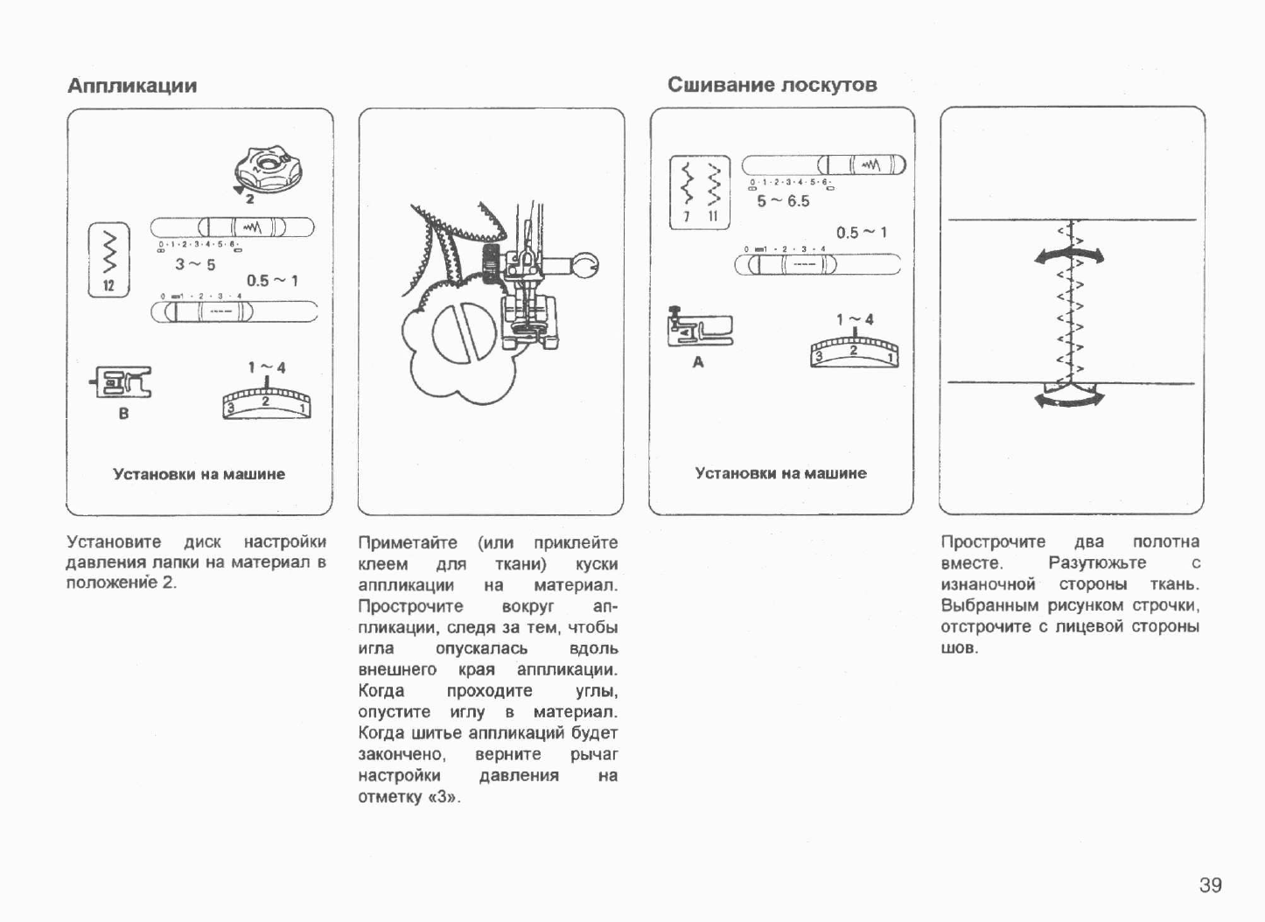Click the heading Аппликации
pyautogui.click(x=132, y=86)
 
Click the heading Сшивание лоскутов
pyautogui.click(x=772, y=85)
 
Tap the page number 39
pyautogui.click(x=1210, y=885)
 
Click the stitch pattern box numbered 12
pyautogui.click(x=109, y=260)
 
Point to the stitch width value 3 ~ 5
pyautogui.click(x=195, y=264)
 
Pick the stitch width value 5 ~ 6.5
pyautogui.click(x=783, y=201)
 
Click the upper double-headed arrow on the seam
pyautogui.click(x=1068, y=256)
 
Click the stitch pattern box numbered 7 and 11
pyautogui.click(x=699, y=192)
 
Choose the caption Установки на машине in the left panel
pyautogui.click(x=199, y=474)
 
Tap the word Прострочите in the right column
pyautogui.click(x=993, y=541)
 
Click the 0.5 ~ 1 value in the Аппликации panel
pyautogui.click(x=272, y=281)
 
